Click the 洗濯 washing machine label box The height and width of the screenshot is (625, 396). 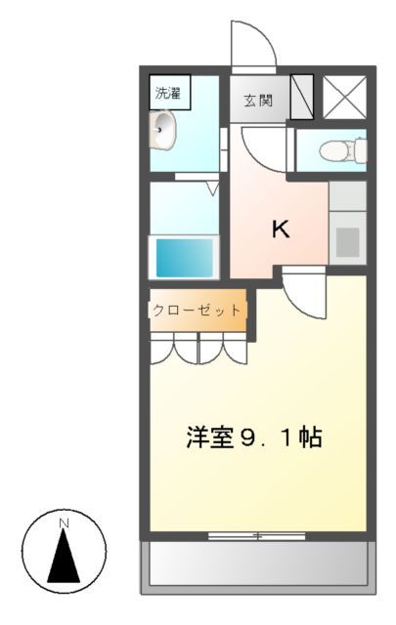click(x=169, y=94)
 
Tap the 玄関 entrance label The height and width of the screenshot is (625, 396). click(x=259, y=99)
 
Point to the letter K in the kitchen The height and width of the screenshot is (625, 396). click(x=280, y=229)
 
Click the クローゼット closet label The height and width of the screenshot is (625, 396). click(x=197, y=310)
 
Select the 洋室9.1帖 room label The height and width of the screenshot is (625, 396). click(x=254, y=437)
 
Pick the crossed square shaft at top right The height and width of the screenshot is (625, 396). click(x=344, y=96)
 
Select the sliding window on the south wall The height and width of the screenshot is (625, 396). click(x=257, y=535)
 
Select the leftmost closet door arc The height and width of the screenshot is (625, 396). click(x=162, y=350)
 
